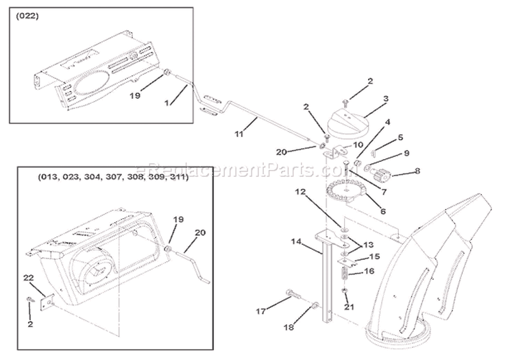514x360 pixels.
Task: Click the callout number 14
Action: pyautogui.click(x=296, y=241)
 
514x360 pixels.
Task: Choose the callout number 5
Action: pyautogui.click(x=401, y=137)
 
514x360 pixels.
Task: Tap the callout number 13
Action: pyautogui.click(x=369, y=244)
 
